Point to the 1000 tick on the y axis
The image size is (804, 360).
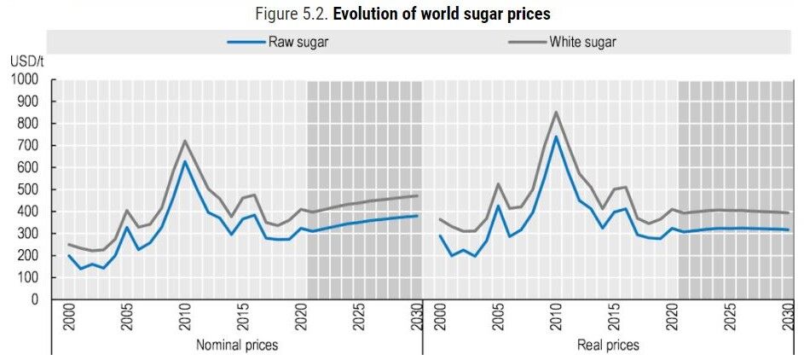(x=25, y=79)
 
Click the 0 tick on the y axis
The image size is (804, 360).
(x=35, y=299)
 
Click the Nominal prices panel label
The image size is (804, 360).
(x=237, y=345)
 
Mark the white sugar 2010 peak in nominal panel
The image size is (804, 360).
(x=184, y=141)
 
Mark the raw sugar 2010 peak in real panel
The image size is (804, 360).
(x=555, y=136)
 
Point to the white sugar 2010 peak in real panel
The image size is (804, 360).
(x=555, y=112)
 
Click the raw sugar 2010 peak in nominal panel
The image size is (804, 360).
(x=184, y=161)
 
